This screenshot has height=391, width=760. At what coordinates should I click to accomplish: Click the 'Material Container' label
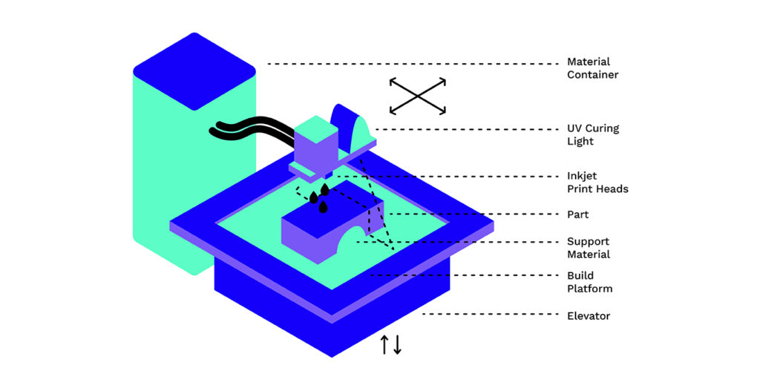[592, 68]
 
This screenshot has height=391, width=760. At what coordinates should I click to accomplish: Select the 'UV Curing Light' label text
[593, 135]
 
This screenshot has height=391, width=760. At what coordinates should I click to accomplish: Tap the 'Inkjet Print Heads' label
[597, 183]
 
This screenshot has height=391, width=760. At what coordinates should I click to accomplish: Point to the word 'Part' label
[577, 214]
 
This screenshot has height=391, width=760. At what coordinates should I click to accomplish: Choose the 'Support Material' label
[589, 248]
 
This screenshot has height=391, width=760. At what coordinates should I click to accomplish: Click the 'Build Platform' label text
[590, 282]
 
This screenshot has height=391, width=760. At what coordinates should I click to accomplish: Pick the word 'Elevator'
[589, 316]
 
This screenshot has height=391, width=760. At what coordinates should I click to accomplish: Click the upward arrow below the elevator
[384, 344]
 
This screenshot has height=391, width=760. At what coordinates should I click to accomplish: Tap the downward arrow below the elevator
[398, 344]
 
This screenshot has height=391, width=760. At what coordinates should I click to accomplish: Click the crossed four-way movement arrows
[418, 96]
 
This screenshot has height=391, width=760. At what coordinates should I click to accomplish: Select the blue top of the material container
[194, 71]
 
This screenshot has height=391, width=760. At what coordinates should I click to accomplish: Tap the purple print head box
[316, 150]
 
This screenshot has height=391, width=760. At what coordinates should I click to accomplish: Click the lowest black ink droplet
[323, 207]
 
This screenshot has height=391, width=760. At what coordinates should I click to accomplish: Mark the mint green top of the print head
[316, 129]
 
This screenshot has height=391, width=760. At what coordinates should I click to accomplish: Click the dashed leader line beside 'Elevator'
[491, 314]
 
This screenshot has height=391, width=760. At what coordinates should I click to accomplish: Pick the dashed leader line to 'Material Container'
[413, 64]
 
